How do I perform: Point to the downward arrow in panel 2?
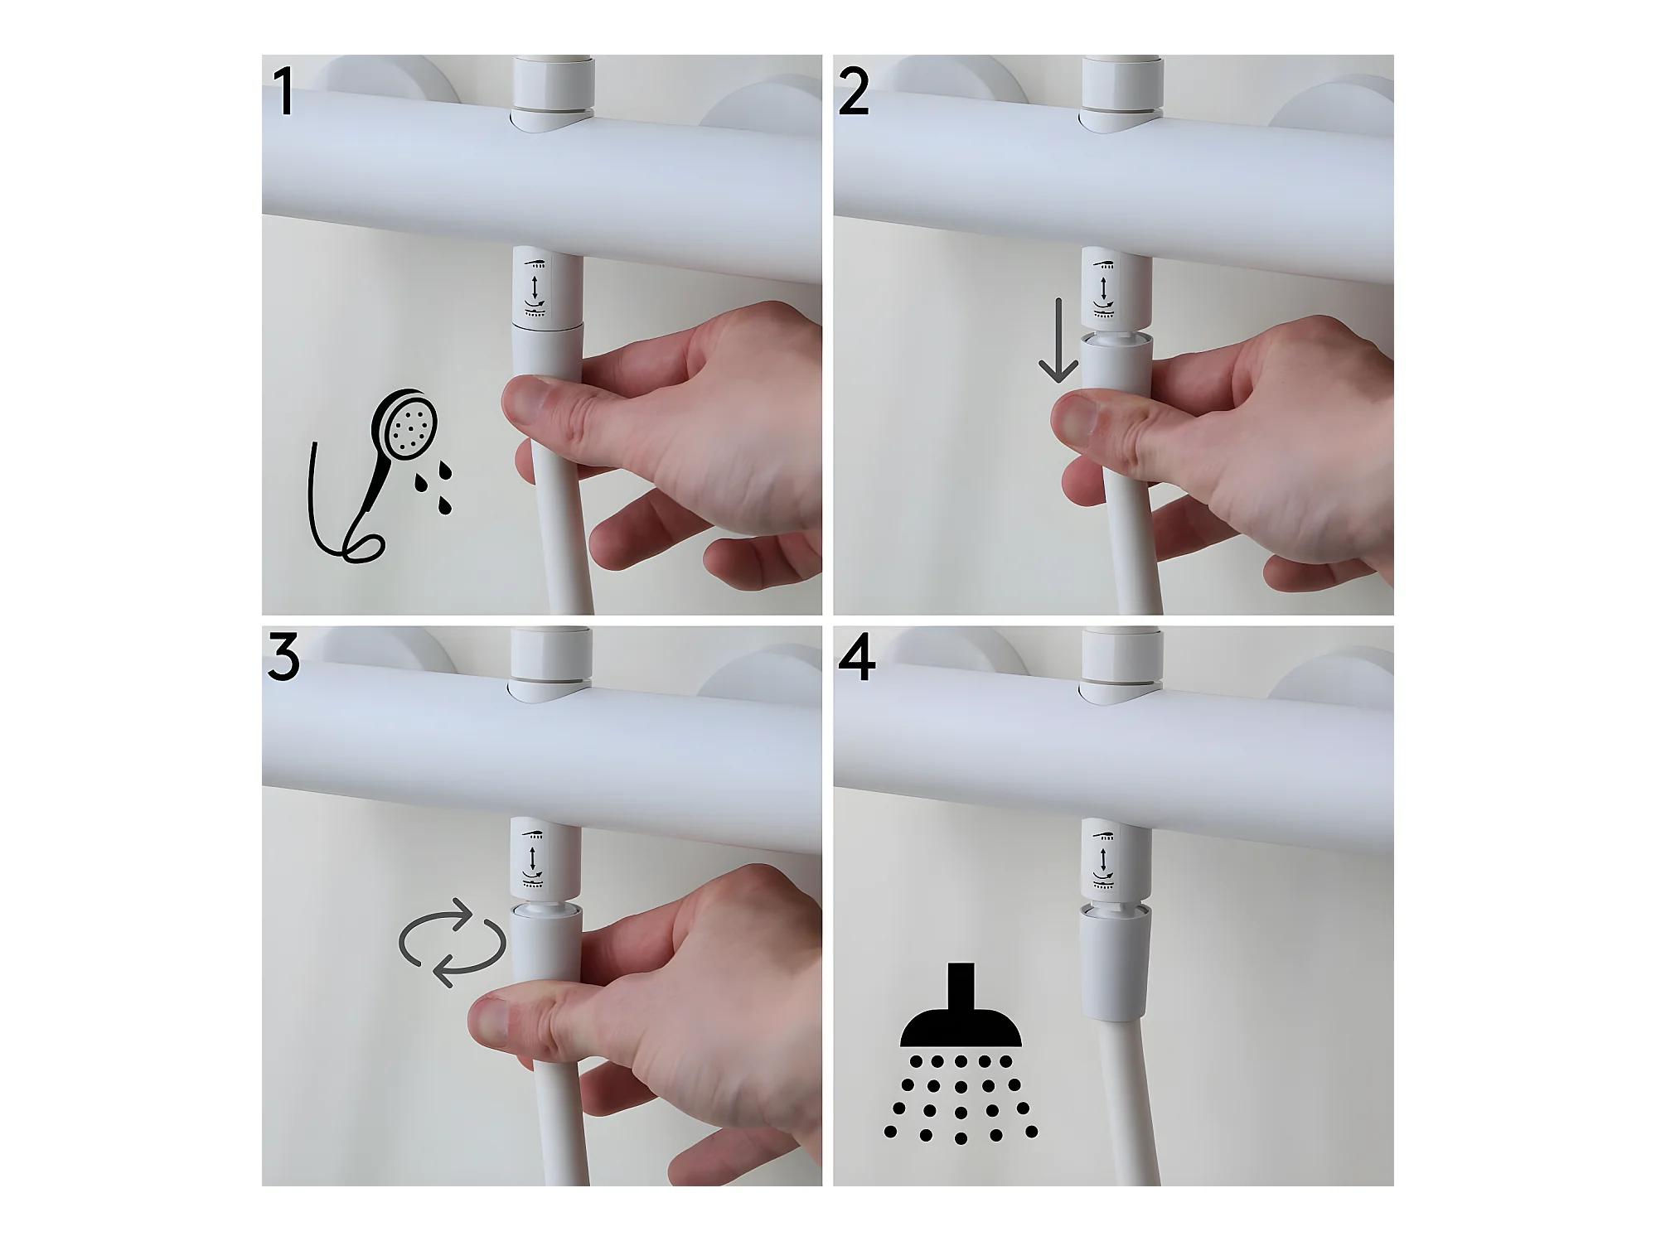click(1058, 340)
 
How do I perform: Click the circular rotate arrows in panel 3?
click(453, 943)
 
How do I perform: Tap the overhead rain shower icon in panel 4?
click(961, 1052)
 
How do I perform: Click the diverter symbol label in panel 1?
click(536, 287)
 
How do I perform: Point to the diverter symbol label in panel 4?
click(1102, 859)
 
